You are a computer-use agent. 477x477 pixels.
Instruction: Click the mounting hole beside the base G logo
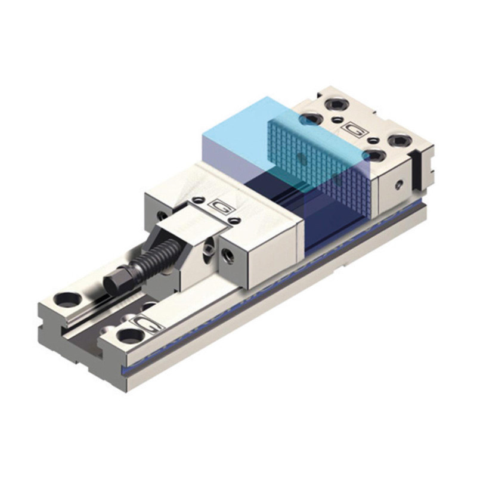click(x=131, y=336)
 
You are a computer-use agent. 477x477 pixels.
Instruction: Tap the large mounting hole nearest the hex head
click(x=67, y=299)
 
